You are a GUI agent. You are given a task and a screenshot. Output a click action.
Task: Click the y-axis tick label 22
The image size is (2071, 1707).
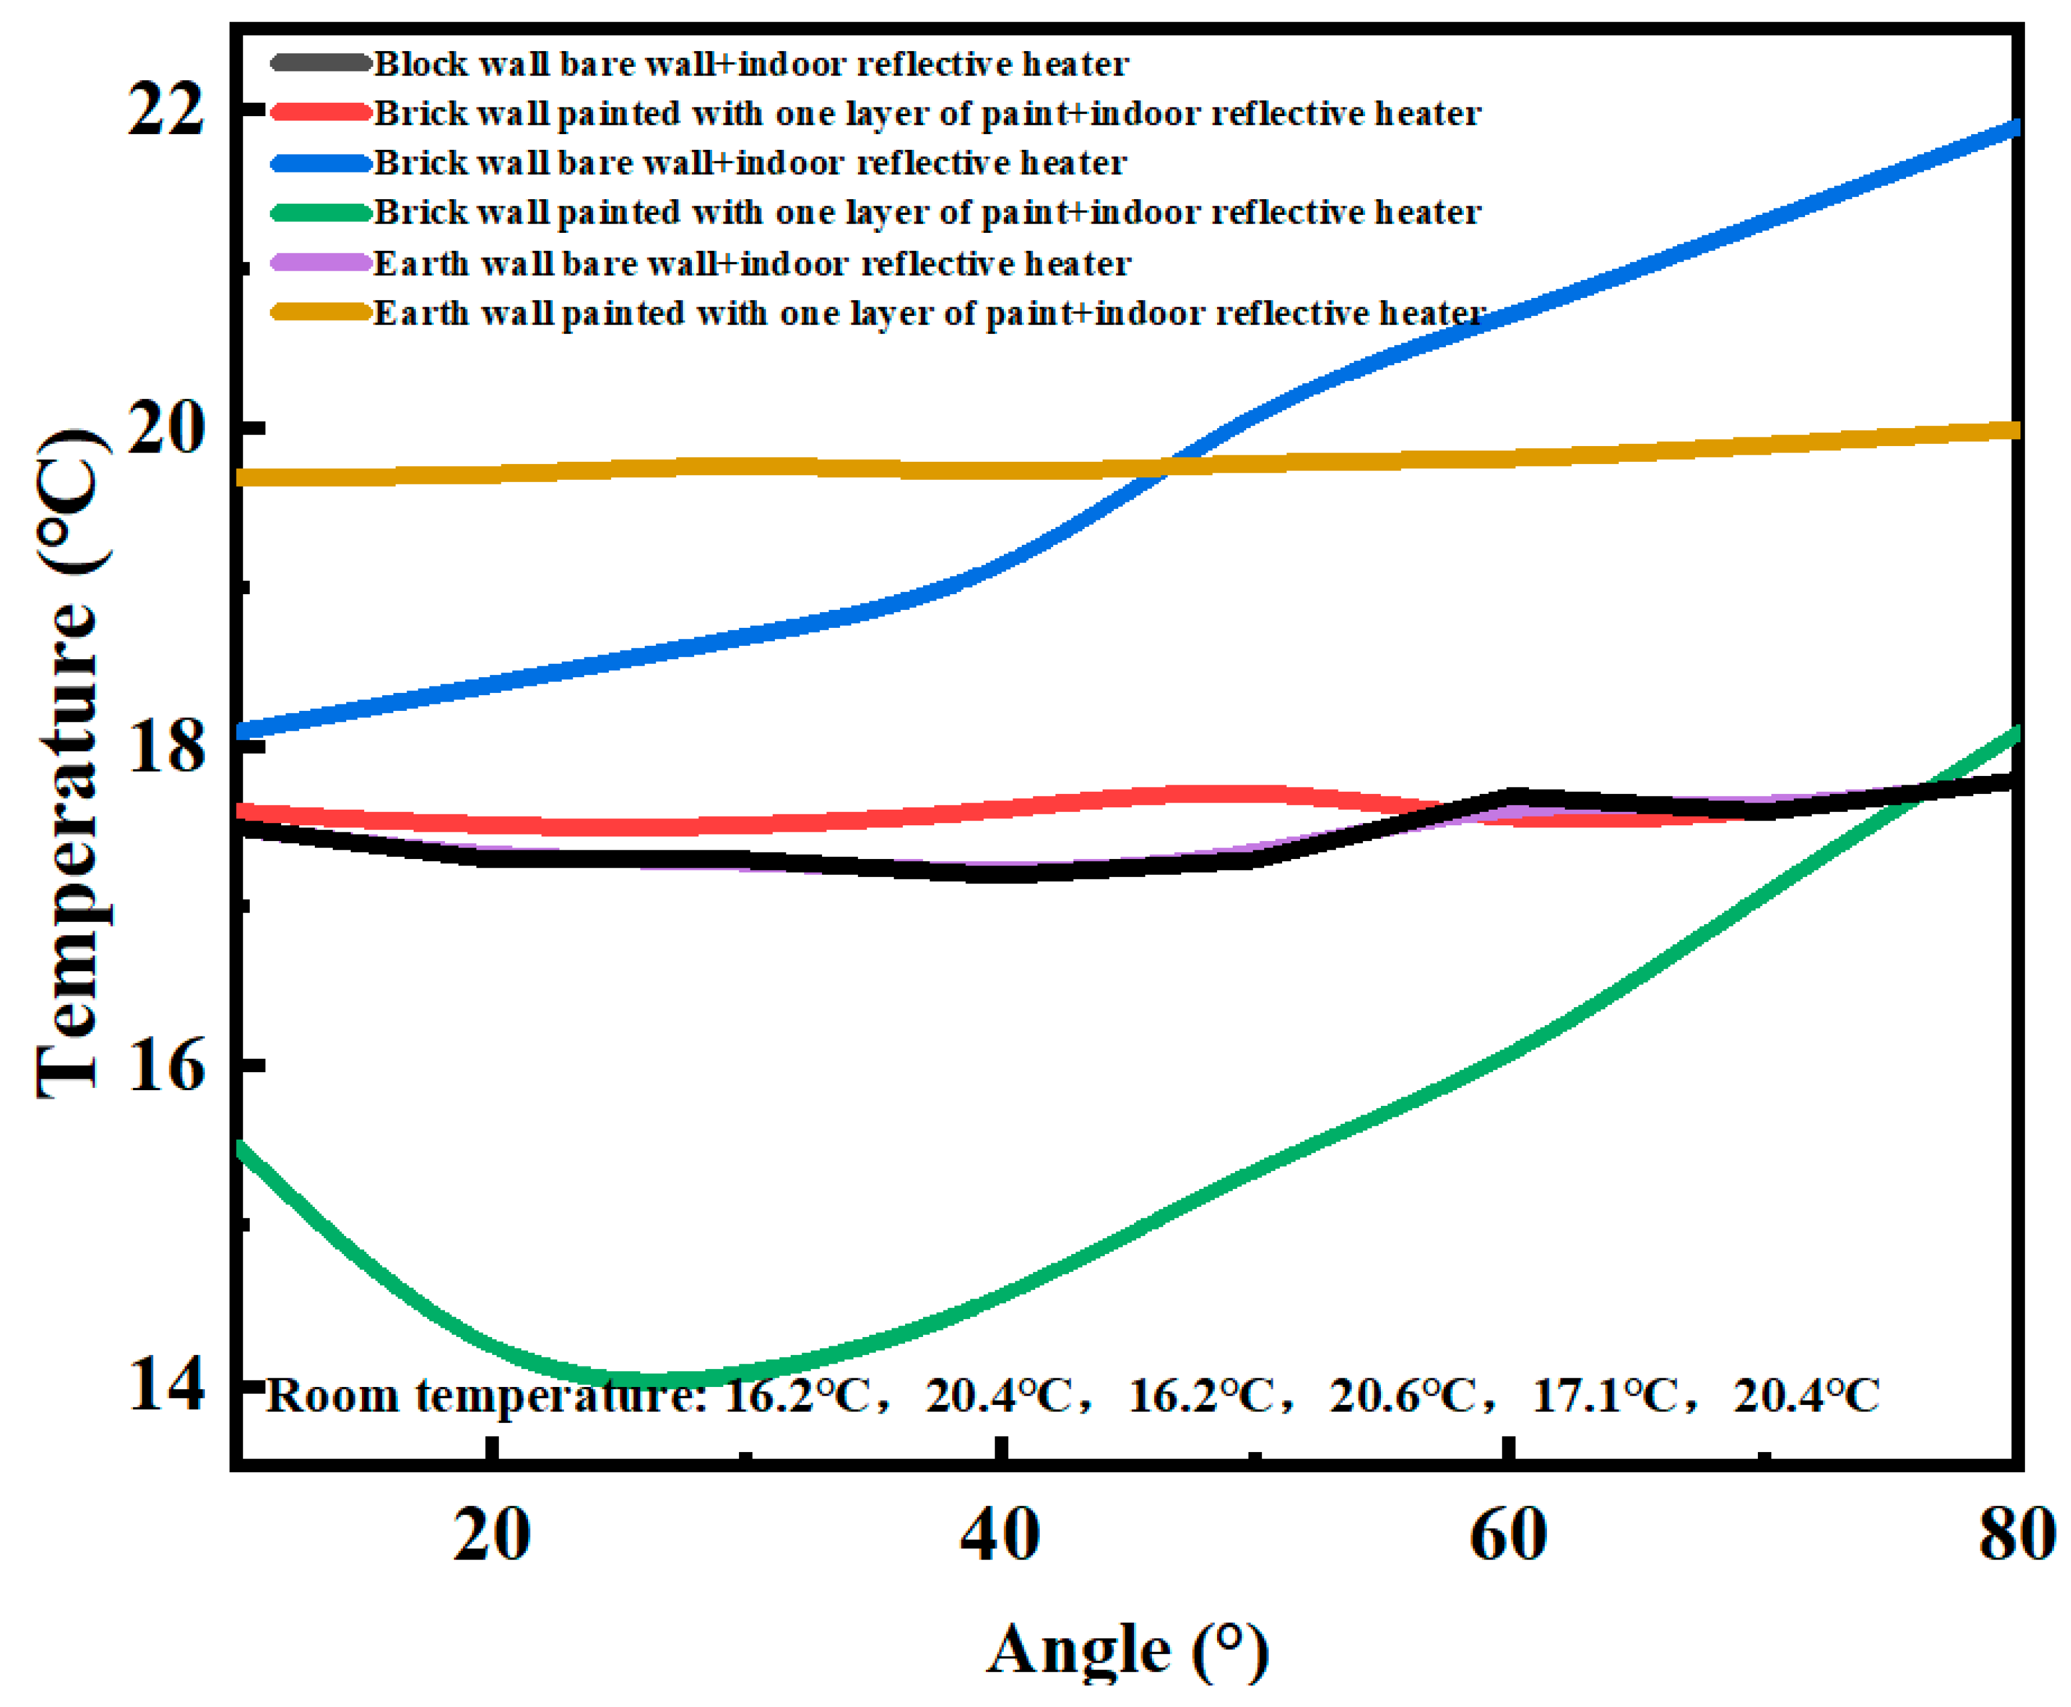[x=165, y=107]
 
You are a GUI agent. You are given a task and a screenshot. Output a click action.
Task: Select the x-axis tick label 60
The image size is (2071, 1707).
[x=1508, y=1535]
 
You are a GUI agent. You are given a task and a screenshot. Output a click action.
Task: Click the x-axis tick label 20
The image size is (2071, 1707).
[x=491, y=1535]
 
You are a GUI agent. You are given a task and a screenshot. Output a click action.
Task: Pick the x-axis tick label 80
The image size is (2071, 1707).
[x=2016, y=1535]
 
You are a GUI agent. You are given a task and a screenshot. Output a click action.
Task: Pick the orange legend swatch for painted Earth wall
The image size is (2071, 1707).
[x=321, y=312]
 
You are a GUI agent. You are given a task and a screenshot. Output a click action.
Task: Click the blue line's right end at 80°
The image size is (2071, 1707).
[x=2014, y=128]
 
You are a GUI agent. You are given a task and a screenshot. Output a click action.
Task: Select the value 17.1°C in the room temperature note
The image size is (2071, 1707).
[x=1604, y=1395]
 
